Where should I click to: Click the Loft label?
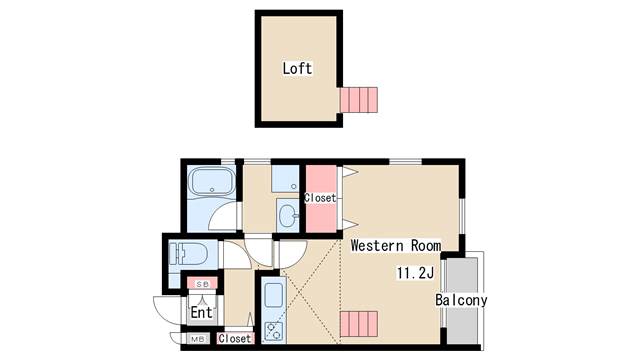[297, 68]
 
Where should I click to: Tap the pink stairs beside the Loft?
[359, 100]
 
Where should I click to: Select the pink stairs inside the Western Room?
[359, 324]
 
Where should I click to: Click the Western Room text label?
[396, 245]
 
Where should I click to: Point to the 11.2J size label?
[416, 273]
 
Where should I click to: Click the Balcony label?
[461, 300]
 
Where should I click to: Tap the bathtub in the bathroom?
[212, 181]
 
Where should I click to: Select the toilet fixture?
[189, 255]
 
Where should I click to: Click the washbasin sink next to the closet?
[289, 215]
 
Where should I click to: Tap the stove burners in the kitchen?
[273, 331]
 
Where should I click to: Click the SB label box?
[202, 284]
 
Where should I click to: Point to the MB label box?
[198, 339]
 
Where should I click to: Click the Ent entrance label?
[202, 313]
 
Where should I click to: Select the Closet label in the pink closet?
[320, 198]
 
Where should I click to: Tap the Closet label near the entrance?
[235, 338]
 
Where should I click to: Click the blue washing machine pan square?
[285, 178]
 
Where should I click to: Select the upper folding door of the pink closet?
[350, 172]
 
